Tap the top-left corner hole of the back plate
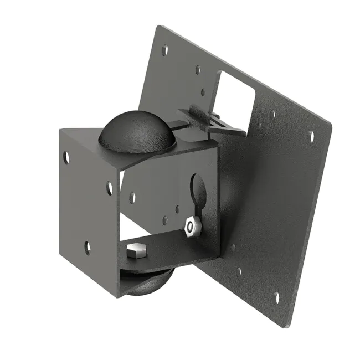164,49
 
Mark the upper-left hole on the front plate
66,157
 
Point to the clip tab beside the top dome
213,122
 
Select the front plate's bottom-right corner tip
117,297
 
